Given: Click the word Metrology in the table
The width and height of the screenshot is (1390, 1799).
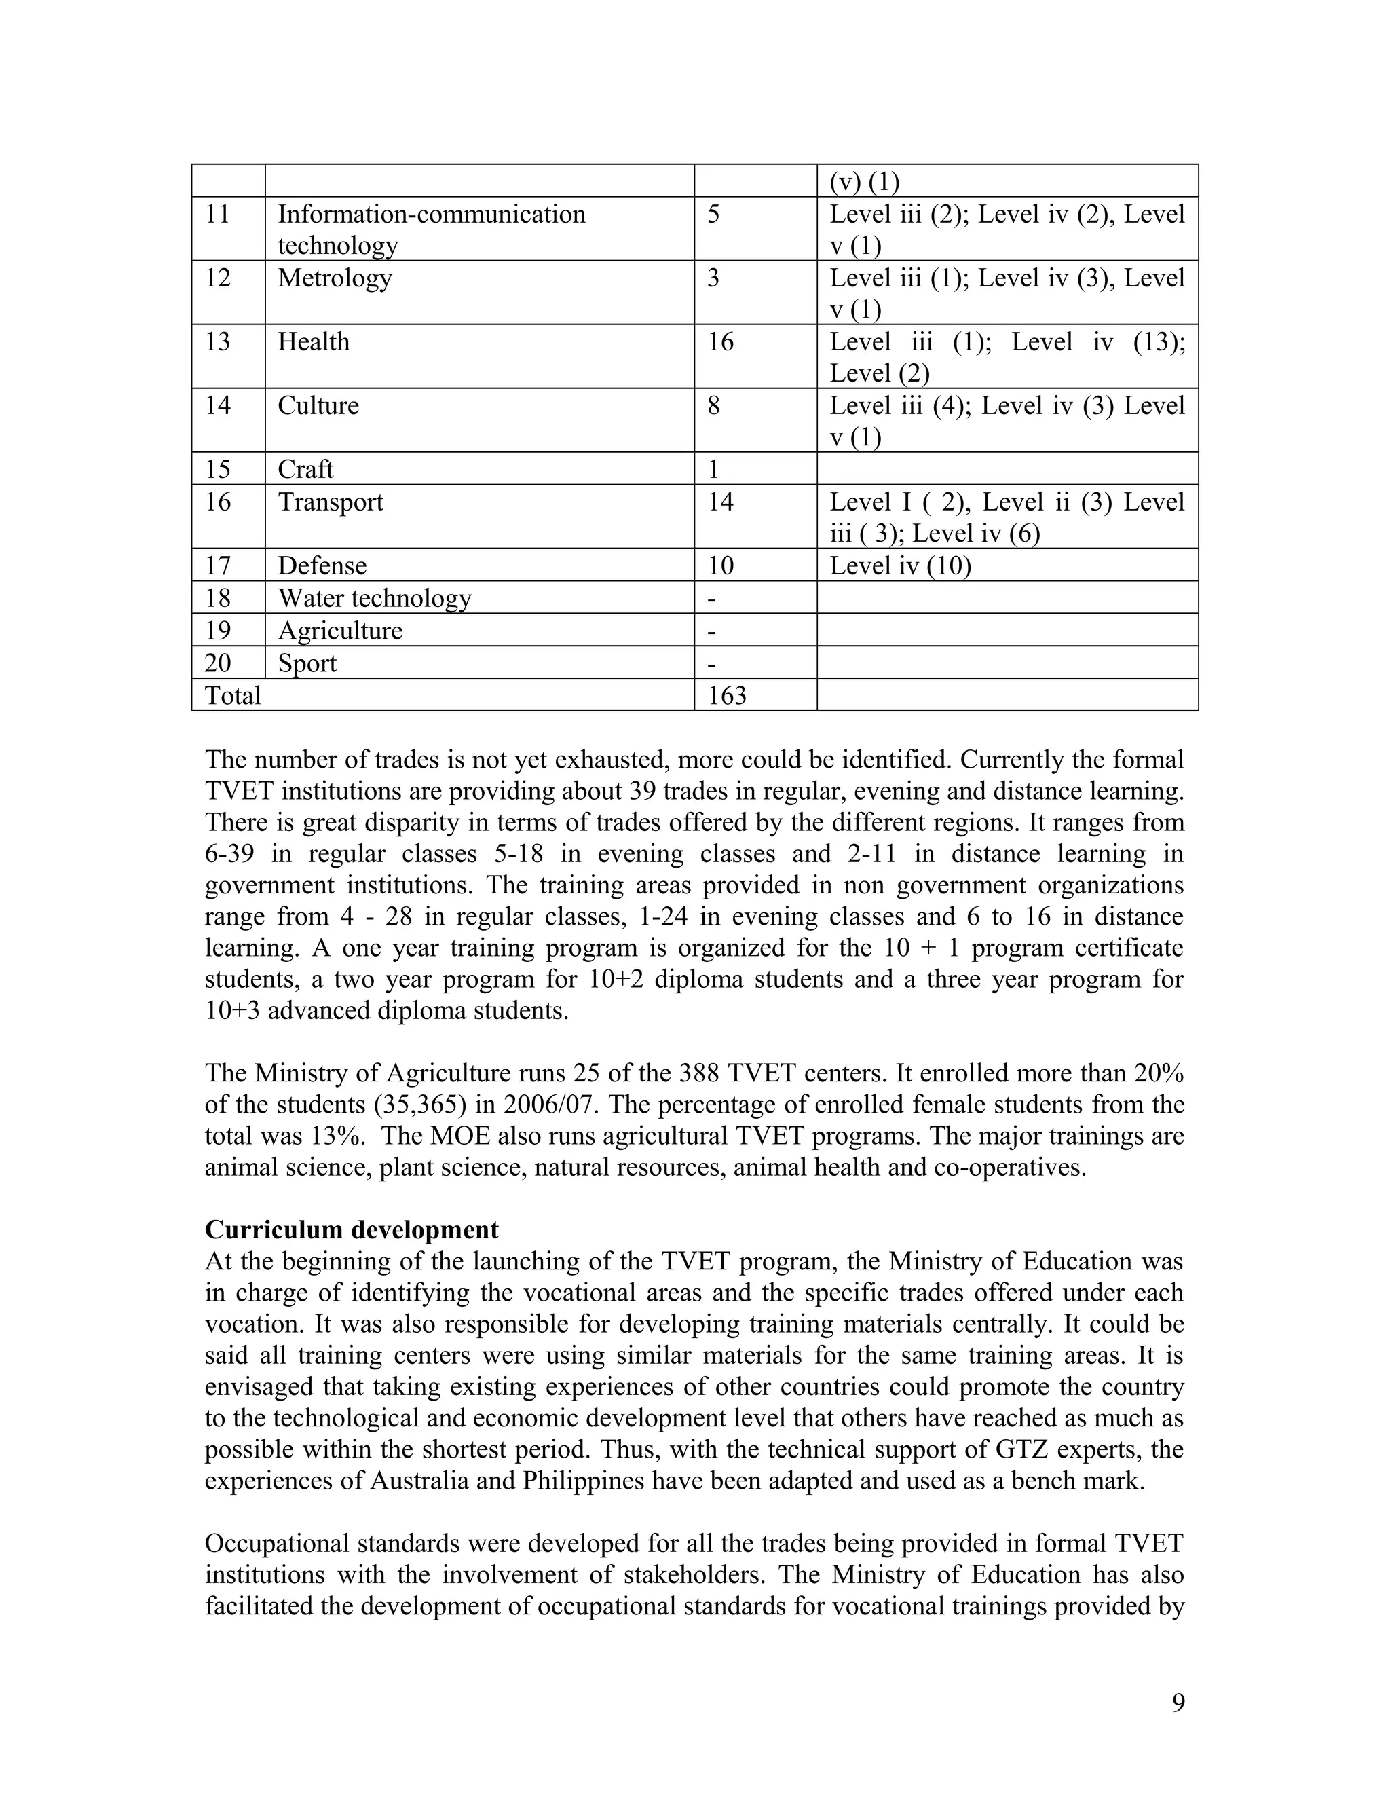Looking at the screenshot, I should point(335,278).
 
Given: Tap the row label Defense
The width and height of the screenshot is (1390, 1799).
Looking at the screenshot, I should point(322,566).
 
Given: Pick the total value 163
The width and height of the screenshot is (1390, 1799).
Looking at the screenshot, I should point(726,696).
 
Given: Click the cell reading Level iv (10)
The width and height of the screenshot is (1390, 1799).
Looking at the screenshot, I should point(899,566).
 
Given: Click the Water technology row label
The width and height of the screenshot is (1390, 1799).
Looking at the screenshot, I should point(374,598).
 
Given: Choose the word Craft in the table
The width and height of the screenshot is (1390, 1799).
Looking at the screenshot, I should point(305,470).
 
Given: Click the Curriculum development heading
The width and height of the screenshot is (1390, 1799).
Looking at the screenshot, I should point(352,1230).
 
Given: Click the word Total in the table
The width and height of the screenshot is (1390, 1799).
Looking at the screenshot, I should point(232,696).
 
